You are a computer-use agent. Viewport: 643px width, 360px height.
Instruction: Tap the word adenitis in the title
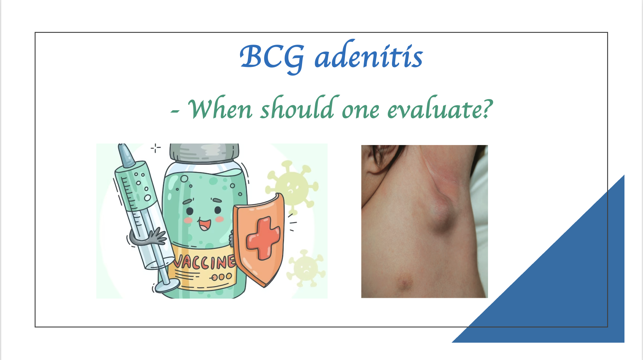[369, 55]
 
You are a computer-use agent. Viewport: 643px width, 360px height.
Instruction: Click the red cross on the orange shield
[263, 238]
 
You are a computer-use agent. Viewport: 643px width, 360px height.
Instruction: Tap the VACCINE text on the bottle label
[204, 262]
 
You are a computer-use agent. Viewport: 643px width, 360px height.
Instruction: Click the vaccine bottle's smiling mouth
[205, 225]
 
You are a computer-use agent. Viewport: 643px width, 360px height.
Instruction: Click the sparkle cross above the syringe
[156, 148]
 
